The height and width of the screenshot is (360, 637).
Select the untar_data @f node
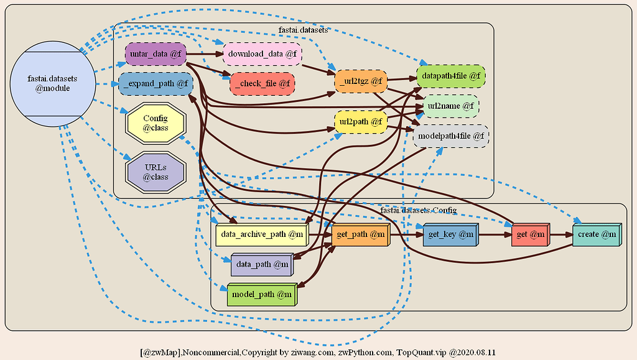(156, 54)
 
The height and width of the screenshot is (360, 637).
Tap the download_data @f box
(262, 54)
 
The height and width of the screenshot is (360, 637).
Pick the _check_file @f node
(262, 83)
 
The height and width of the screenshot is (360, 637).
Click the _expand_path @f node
(156, 83)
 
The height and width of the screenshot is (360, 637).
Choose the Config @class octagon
(156, 122)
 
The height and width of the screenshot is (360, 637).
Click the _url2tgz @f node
(361, 81)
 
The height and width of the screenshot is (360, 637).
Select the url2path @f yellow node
(361, 122)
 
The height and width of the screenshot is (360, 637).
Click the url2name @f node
(451, 106)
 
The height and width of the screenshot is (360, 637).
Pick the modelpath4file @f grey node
(451, 136)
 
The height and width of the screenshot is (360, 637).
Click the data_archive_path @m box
(262, 234)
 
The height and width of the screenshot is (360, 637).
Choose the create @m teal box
(595, 234)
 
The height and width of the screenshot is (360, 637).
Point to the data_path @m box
(262, 264)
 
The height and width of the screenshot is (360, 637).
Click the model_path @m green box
(262, 294)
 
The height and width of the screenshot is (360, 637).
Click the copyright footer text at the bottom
(318, 352)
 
